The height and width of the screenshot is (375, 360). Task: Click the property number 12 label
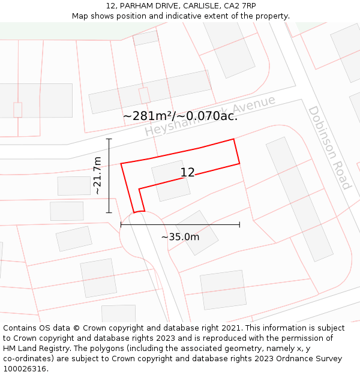(x=188, y=173)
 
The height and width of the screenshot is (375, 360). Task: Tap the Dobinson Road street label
(x=329, y=148)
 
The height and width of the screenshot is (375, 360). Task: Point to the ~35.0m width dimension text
(x=180, y=237)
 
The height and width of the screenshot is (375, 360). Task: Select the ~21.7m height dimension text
(x=97, y=176)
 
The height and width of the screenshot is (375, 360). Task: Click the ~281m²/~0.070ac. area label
(x=180, y=116)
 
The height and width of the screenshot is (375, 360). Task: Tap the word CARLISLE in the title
(x=196, y=6)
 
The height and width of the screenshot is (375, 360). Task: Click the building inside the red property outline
(x=171, y=181)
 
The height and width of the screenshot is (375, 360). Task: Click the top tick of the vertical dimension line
(x=109, y=139)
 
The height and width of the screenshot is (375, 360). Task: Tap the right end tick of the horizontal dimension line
(x=239, y=224)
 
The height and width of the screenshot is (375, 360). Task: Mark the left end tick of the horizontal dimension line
(x=121, y=224)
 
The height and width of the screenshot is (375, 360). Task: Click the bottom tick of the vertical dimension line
(x=109, y=212)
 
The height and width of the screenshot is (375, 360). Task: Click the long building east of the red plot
(x=299, y=199)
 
